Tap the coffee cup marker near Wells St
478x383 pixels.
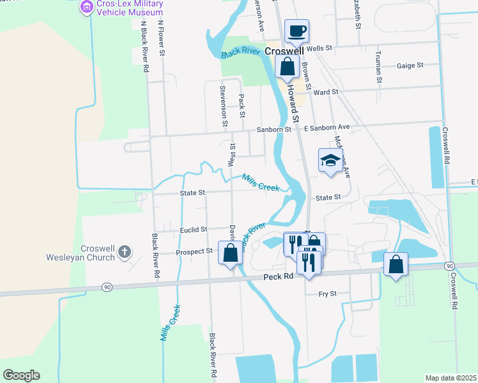297,30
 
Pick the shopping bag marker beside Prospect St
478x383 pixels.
230,252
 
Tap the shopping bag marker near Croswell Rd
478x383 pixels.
396,264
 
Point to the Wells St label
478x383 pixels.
320,48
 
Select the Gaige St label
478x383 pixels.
410,65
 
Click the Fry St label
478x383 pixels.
327,294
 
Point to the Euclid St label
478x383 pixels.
194,229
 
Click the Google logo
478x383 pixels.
21,375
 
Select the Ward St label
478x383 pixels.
325,92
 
